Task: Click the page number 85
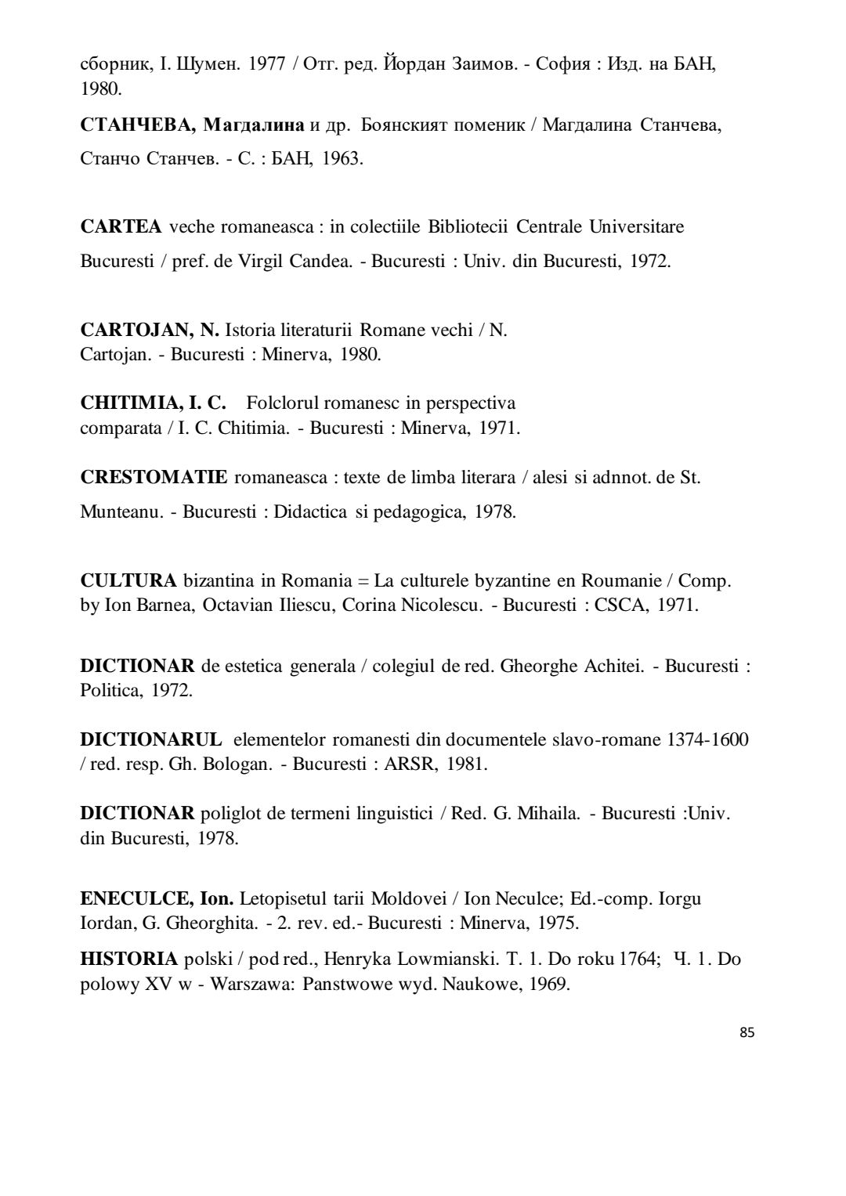(x=747, y=1032)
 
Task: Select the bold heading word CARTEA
(x=121, y=227)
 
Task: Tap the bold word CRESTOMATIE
(x=154, y=477)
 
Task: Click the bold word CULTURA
(x=128, y=581)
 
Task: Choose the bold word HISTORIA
(x=128, y=959)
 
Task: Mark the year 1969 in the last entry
(x=548, y=984)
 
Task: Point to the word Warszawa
(x=251, y=984)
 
